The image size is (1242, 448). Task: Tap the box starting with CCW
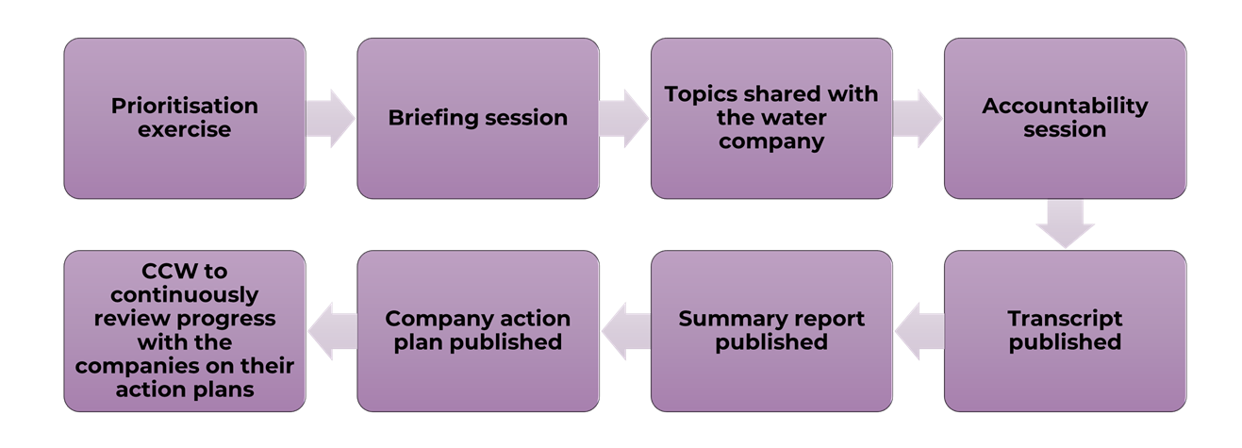(185, 330)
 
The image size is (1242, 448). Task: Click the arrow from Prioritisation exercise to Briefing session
(331, 118)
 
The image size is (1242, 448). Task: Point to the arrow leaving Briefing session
(624, 118)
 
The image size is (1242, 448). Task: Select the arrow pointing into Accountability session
(918, 118)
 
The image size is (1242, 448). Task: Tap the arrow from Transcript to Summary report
(919, 331)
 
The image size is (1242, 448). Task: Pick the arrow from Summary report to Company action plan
(625, 331)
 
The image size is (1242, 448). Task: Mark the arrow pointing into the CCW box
(332, 331)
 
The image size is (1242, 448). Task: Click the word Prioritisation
(185, 106)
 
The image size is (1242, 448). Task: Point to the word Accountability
(1065, 106)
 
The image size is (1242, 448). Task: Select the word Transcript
(1065, 318)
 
